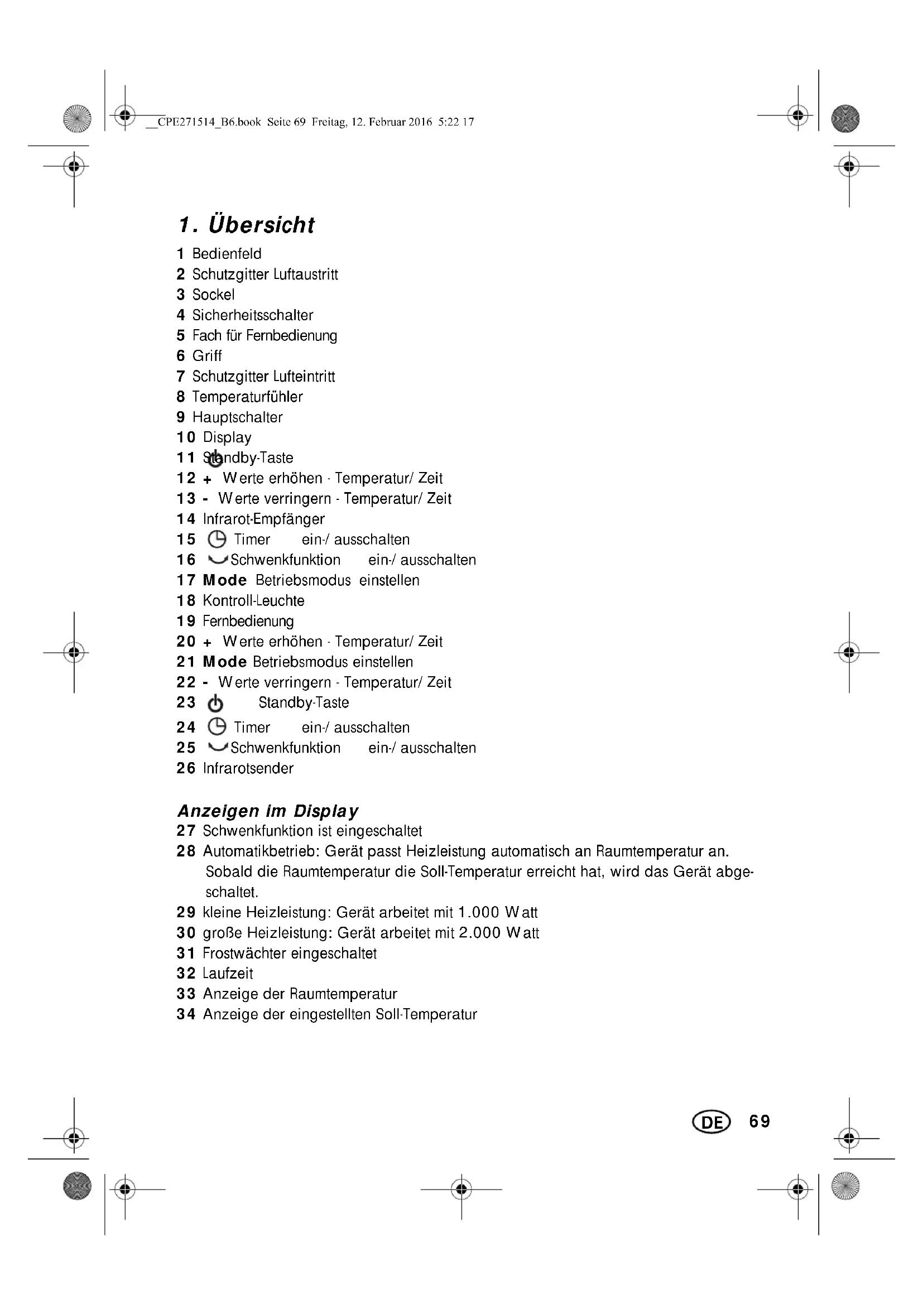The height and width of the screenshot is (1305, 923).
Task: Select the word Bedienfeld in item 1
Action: point(227,253)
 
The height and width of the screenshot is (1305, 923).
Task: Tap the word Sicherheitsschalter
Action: point(252,315)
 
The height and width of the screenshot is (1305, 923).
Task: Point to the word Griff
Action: point(207,356)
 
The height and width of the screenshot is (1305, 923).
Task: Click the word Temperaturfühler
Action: point(247,397)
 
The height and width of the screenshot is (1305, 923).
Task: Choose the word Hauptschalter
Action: point(237,417)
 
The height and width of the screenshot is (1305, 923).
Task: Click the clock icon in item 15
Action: point(217,539)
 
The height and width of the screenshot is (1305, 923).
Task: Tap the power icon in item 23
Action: point(215,704)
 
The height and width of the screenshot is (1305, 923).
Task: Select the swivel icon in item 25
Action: point(218,747)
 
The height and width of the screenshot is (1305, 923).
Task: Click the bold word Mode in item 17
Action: point(224,580)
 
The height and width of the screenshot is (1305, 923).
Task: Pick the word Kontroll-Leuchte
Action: point(253,601)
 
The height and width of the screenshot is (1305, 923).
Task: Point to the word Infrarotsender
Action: point(248,768)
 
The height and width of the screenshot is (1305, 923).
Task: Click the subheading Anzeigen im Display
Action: point(268,811)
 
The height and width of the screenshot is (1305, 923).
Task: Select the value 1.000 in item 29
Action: point(479,913)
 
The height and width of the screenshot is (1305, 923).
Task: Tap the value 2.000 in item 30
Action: point(480,933)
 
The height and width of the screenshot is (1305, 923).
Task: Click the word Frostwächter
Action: point(244,953)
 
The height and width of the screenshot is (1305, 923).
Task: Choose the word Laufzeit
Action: point(227,974)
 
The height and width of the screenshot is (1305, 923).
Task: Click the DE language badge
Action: point(711,1122)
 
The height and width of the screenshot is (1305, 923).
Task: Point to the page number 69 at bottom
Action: point(759,1121)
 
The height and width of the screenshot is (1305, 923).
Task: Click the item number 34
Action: point(186,1014)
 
